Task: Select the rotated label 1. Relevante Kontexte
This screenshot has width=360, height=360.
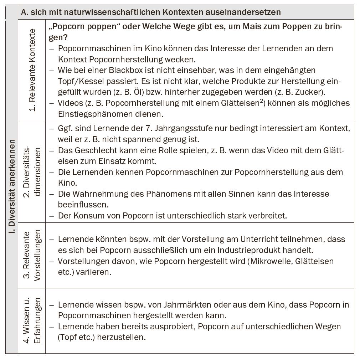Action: point(32,70)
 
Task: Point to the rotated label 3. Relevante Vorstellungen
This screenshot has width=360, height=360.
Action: point(32,255)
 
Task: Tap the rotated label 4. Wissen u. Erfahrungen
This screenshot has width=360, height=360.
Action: point(32,320)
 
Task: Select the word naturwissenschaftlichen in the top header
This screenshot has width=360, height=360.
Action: point(111,12)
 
